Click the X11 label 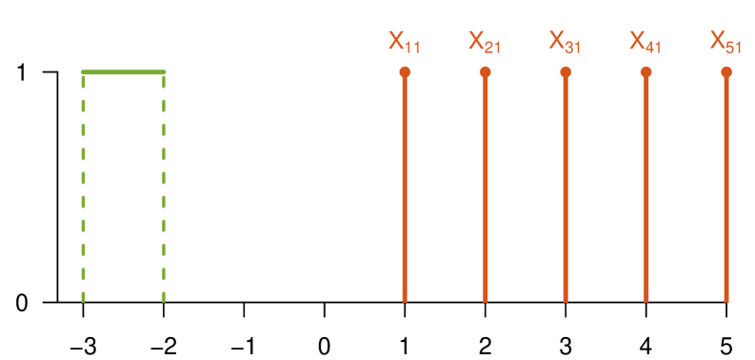pos(404,42)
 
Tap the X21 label pos(485,42)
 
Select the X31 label pos(566,42)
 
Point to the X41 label pos(646,42)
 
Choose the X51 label pos(725,42)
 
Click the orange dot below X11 pos(405,72)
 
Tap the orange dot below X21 pos(485,72)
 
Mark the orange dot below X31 pos(566,72)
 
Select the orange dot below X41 pos(646,72)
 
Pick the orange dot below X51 pos(726,72)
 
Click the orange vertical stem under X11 pos(405,190)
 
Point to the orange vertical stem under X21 pos(485,190)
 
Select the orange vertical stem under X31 pos(566,190)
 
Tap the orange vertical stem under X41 pos(646,190)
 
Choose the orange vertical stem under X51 pos(726,190)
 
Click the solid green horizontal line pos(124,71)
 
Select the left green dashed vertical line pos(84,190)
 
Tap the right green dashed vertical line pos(164,190)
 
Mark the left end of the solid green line pos(84,71)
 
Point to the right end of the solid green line pos(164,71)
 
